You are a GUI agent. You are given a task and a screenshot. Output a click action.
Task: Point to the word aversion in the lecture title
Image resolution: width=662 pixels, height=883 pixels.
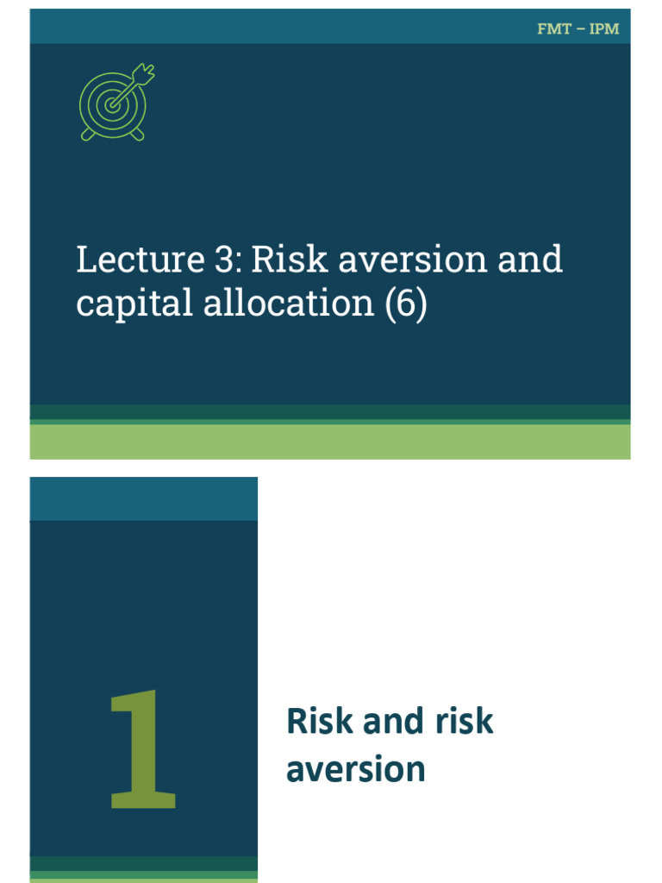(x=381, y=260)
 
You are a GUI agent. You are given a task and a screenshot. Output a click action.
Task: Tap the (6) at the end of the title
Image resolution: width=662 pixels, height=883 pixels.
(x=405, y=304)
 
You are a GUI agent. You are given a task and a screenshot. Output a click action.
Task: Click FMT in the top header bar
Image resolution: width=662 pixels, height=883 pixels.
(x=552, y=28)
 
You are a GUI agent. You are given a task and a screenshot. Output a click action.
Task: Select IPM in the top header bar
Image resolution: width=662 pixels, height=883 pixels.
(x=603, y=28)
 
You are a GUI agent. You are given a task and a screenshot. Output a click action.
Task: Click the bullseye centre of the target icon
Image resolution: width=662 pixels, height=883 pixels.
(x=111, y=105)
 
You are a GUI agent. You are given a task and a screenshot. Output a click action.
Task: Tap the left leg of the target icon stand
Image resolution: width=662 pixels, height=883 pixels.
(x=87, y=135)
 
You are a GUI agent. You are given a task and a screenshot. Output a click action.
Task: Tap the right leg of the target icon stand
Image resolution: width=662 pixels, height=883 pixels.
(x=138, y=135)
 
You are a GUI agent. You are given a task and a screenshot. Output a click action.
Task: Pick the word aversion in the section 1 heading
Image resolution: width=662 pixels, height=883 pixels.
(x=355, y=768)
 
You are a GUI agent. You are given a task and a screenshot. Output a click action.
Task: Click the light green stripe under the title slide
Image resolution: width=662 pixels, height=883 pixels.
(x=330, y=441)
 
